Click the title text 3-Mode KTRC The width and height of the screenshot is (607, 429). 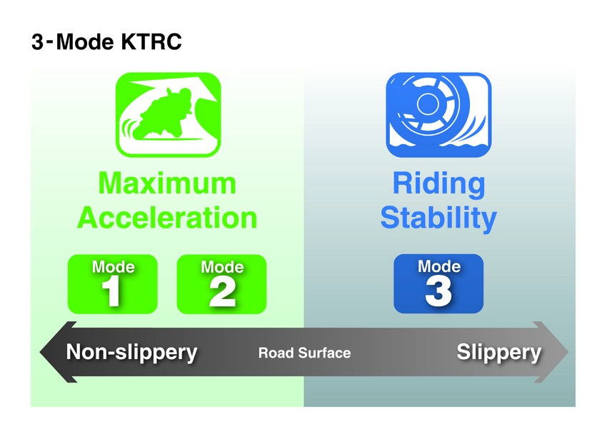(106, 42)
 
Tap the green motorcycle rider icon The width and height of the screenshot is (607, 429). (169, 115)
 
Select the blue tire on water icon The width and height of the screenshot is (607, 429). (438, 115)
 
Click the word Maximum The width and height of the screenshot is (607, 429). (167, 183)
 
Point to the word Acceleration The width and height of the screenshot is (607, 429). (167, 218)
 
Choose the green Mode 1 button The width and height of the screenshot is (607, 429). (113, 284)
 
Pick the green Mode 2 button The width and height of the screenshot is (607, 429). (221, 284)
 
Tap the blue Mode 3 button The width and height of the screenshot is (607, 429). (438, 283)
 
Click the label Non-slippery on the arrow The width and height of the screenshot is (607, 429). (131, 353)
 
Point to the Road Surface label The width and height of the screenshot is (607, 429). (305, 353)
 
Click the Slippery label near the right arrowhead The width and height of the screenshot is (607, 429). (499, 353)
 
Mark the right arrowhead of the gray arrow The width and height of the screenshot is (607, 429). (551, 352)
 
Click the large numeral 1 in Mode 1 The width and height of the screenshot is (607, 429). (111, 293)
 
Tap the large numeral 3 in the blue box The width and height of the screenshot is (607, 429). (438, 292)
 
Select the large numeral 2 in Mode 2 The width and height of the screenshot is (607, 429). (223, 293)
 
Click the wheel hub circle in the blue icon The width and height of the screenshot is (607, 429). (427, 104)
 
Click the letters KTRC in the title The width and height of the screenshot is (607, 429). (151, 42)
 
